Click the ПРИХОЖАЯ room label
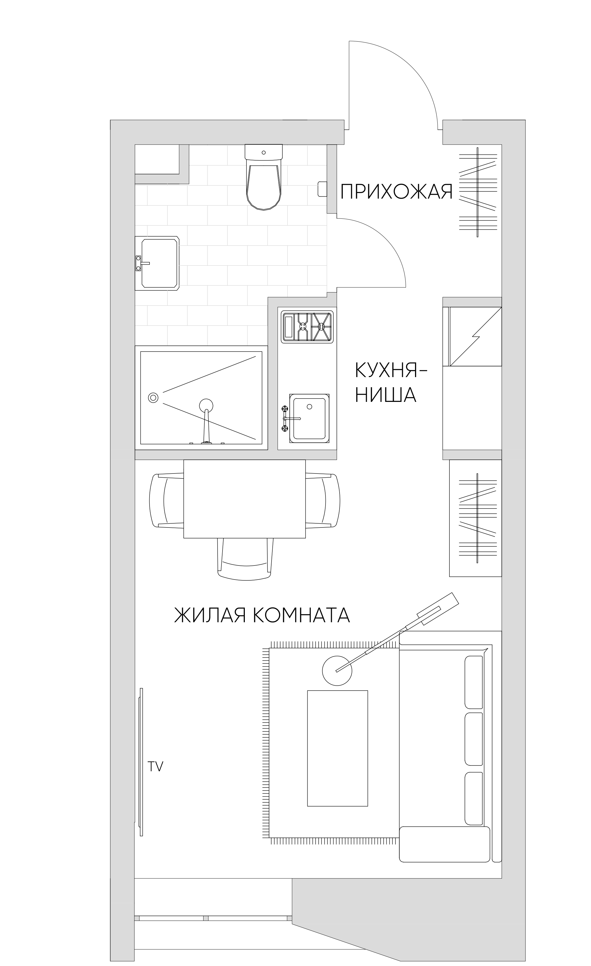396,192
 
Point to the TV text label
155,767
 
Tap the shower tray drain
153,397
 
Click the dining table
245,499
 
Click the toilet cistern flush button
263,152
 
